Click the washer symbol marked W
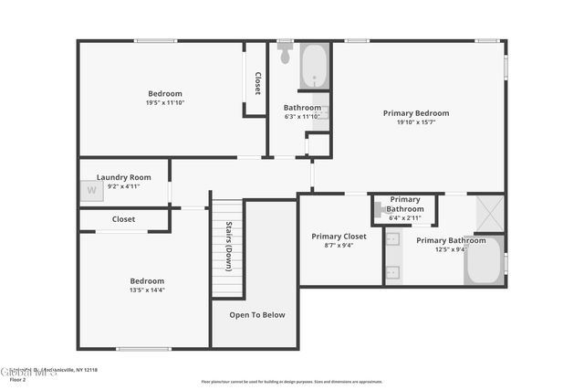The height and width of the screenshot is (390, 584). (91, 190)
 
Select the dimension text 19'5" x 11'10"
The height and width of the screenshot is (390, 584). (165, 103)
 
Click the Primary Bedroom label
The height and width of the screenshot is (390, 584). (415, 113)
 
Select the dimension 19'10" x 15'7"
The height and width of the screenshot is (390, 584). (415, 122)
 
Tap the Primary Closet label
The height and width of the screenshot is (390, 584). (339, 236)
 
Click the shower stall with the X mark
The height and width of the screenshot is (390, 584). (490, 214)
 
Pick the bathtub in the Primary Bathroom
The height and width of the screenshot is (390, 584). (484, 262)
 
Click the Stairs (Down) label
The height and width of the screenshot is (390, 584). (228, 247)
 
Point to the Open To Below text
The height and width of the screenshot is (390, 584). (256, 315)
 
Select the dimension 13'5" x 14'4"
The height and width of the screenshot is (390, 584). (147, 290)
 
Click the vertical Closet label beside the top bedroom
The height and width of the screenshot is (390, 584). (257, 83)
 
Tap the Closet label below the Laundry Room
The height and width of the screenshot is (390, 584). (123, 219)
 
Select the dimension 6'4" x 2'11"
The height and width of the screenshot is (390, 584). (405, 218)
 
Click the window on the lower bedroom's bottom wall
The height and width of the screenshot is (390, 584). (143, 349)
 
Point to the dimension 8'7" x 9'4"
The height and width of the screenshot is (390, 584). (339, 245)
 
